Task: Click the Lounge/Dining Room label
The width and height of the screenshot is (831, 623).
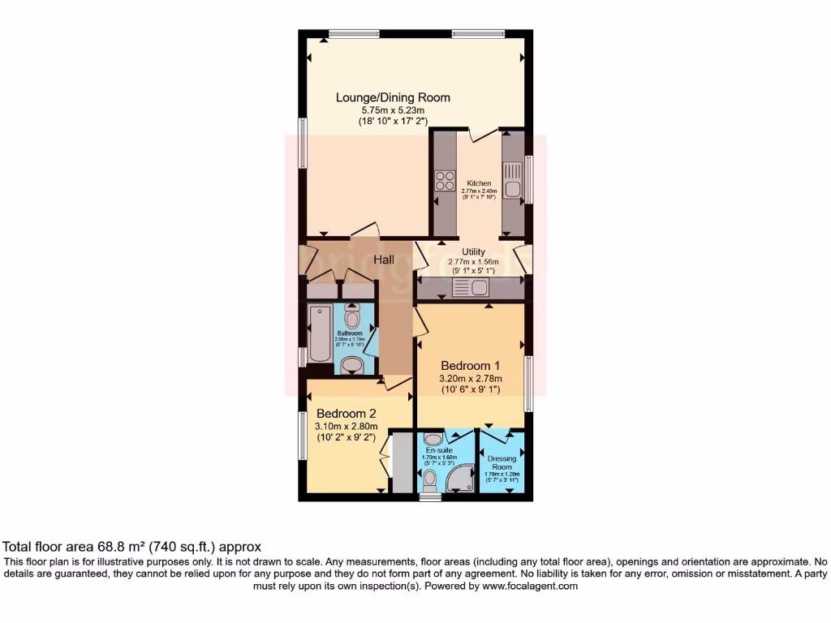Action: (393, 97)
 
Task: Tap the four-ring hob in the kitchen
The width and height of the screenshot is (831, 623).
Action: (444, 180)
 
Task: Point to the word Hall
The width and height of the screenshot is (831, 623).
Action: (384, 260)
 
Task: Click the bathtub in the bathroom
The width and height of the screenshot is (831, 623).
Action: (320, 334)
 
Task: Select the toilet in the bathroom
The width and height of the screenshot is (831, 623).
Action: (352, 315)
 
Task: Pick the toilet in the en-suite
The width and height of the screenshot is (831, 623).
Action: (429, 479)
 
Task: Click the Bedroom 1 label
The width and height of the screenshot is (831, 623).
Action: (471, 365)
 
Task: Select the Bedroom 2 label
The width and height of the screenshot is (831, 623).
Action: (347, 412)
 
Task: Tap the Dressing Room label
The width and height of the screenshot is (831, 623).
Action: (502, 463)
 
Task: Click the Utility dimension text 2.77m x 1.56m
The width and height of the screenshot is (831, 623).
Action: (473, 262)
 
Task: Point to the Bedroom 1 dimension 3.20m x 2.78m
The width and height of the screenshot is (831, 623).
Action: (471, 378)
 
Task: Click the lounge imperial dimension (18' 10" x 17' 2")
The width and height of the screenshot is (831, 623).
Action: (393, 121)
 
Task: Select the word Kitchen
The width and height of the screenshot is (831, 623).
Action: (479, 183)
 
